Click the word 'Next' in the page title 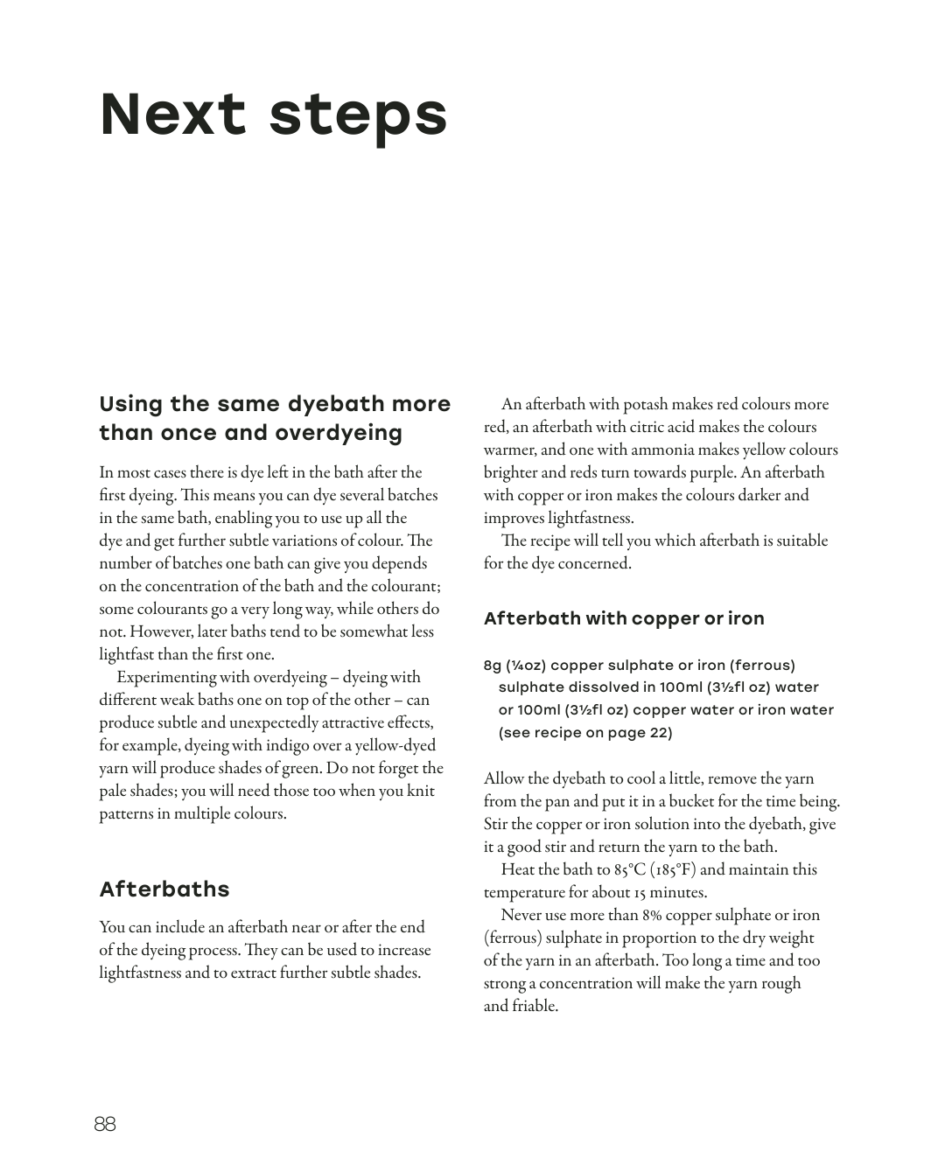[173, 115]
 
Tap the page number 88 [105, 1124]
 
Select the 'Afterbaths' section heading [164, 889]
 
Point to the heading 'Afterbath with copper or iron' [624, 618]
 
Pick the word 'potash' [646, 404]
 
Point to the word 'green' [307, 768]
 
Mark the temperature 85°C [629, 869]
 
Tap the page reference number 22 [660, 733]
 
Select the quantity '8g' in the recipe [493, 666]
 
